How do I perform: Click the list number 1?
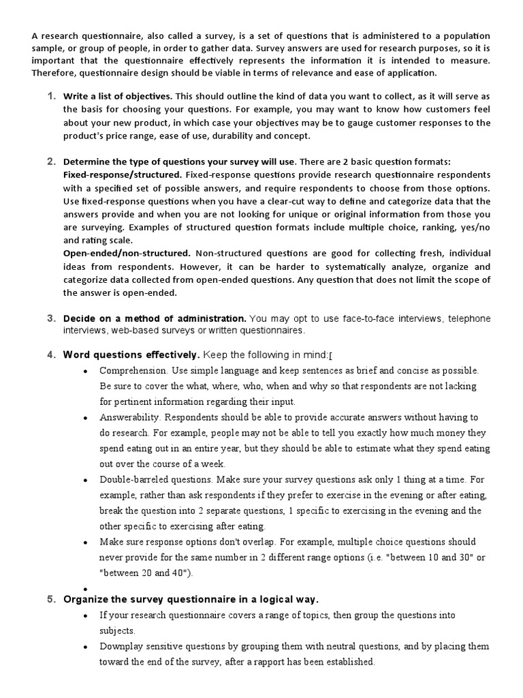(x=51, y=95)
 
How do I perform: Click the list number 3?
(x=51, y=318)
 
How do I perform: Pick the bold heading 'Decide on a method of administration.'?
(x=155, y=319)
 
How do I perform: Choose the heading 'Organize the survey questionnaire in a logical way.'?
(x=191, y=600)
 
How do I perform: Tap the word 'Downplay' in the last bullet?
(x=121, y=646)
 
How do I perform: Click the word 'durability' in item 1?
(x=221, y=136)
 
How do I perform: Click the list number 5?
(x=51, y=599)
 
